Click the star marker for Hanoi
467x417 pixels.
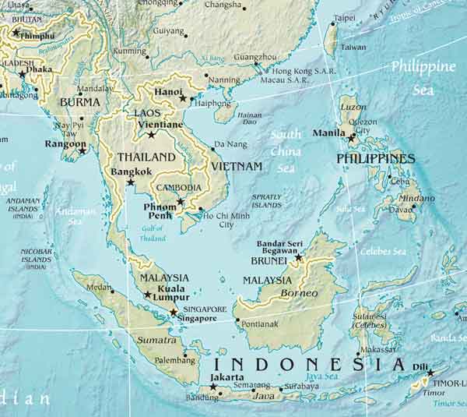[x=183, y=98]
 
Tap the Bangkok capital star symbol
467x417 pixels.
[x=131, y=182]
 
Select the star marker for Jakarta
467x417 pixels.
[x=213, y=387]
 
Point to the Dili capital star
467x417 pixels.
[x=430, y=373]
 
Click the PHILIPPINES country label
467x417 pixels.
[x=375, y=158]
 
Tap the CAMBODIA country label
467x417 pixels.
[x=179, y=188]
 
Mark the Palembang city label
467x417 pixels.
[x=175, y=361]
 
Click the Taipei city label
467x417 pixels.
[x=344, y=17]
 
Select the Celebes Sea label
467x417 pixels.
[x=383, y=252]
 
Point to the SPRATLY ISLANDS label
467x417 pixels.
[x=266, y=200]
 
